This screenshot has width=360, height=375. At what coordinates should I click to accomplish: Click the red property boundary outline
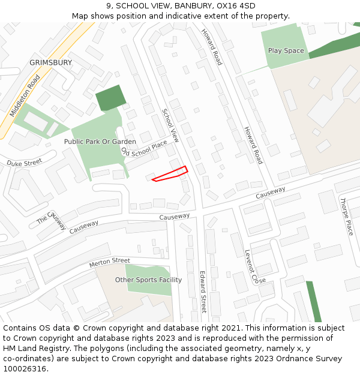170,174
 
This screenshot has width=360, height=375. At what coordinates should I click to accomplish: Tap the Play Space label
286,51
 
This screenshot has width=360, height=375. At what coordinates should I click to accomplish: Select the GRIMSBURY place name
50,62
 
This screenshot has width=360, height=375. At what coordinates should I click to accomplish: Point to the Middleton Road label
25,96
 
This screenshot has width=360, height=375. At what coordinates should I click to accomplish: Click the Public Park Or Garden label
100,142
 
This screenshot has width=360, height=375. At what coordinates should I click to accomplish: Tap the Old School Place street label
144,148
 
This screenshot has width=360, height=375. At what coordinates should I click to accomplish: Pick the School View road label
171,125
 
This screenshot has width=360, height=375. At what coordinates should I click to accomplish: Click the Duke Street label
25,163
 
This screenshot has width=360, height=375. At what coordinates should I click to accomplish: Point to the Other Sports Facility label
148,280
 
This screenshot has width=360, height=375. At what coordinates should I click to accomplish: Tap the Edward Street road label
203,292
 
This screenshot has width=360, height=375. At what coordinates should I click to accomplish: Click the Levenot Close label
255,267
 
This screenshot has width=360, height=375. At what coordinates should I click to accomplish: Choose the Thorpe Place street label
347,216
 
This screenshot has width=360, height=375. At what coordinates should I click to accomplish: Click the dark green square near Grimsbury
111,98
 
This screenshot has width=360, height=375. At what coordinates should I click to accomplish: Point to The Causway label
52,220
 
